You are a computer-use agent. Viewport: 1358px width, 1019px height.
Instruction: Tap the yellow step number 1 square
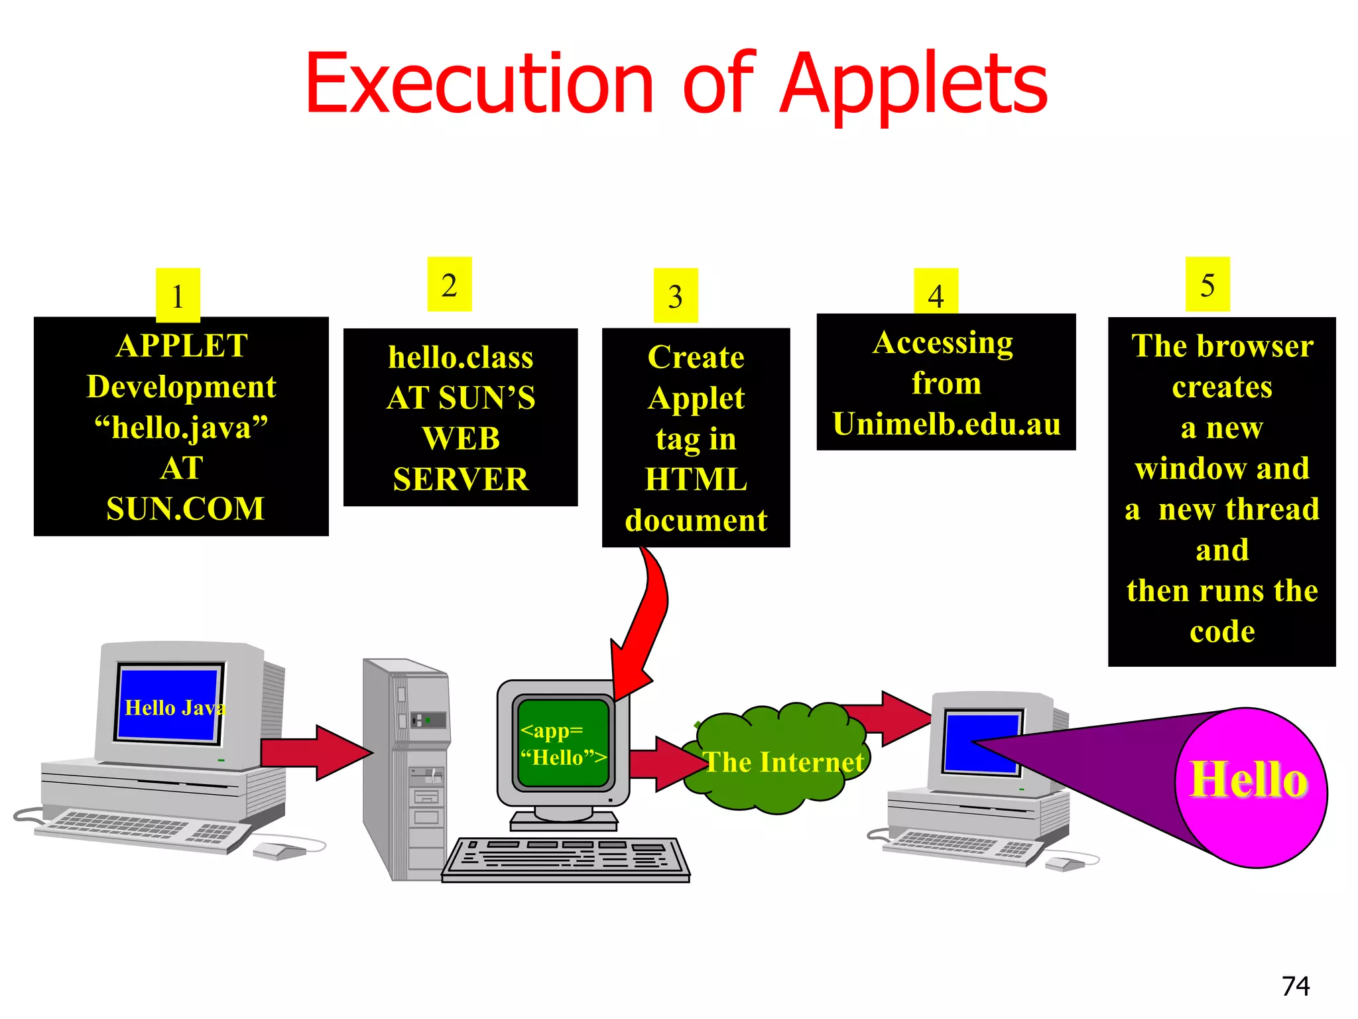[178, 295]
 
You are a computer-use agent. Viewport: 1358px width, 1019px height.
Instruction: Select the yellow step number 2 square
[450, 284]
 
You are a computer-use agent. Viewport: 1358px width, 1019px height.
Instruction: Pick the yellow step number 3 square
[676, 295]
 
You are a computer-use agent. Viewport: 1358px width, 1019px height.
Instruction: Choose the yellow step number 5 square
[1207, 284]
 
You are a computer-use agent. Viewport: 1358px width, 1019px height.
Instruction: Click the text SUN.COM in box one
[185, 509]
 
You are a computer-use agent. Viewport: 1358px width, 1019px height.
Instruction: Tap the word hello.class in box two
[461, 357]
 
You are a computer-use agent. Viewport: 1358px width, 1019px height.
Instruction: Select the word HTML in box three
[696, 479]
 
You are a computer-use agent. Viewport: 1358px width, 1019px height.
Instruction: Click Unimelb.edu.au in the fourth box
[946, 424]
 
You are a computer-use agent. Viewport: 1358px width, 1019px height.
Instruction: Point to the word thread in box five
[1272, 509]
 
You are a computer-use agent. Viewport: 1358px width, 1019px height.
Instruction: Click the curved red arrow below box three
[647, 617]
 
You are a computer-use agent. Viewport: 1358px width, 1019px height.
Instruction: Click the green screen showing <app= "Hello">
[563, 743]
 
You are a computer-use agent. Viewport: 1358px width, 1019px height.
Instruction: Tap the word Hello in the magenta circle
[1249, 780]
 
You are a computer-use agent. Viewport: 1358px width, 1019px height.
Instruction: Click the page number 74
[1296, 986]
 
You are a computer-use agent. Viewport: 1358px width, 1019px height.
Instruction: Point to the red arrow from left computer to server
[315, 752]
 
